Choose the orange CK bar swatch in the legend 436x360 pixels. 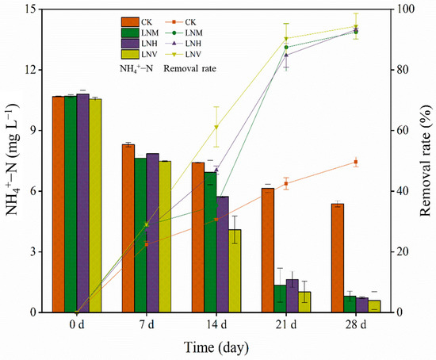pyautogui.click(x=131, y=21)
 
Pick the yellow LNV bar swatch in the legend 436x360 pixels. pyautogui.click(x=131, y=53)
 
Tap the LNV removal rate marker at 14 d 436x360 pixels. pyautogui.click(x=216, y=127)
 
